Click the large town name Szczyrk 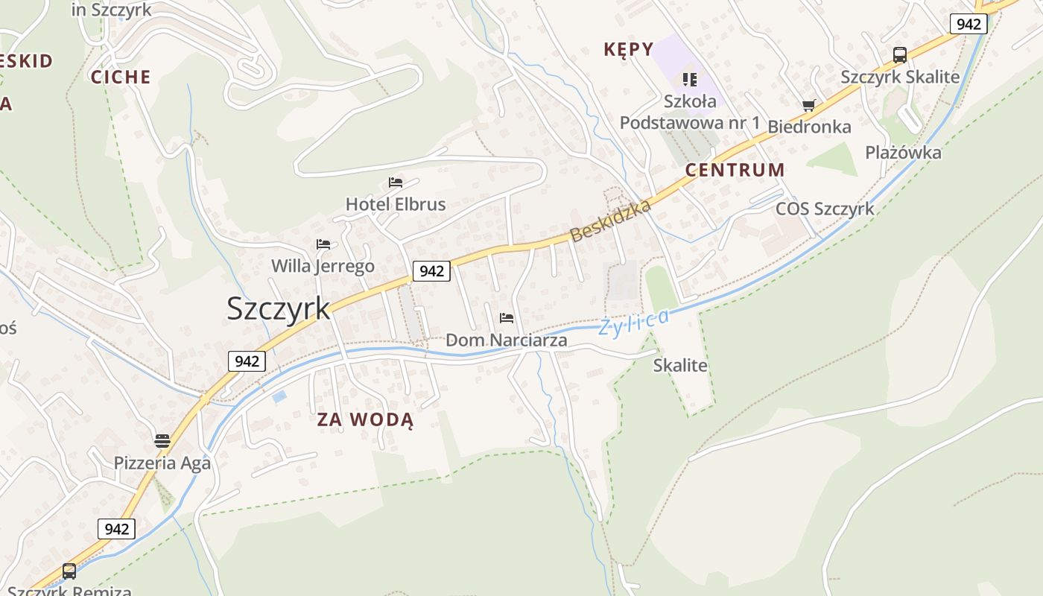coord(278,308)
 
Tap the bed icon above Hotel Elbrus coord(396,183)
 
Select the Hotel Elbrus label coord(396,204)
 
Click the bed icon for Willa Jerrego coord(323,244)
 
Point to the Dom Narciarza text coord(507,340)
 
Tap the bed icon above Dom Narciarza coord(507,319)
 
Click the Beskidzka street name coord(611,220)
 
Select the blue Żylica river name coord(633,323)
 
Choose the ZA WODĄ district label coord(365,419)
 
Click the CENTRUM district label coord(735,170)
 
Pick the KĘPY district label coord(628,50)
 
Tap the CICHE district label coord(121,77)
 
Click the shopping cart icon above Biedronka coord(809,106)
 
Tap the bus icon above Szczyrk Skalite coord(900,55)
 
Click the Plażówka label coord(903,153)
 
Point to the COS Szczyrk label coord(825,209)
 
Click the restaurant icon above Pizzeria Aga coord(162,441)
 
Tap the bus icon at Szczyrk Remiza coord(69,571)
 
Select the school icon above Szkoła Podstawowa coord(689,79)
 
